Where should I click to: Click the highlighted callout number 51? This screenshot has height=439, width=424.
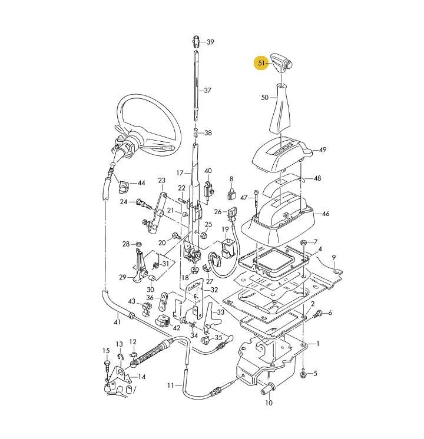[x=261, y=64]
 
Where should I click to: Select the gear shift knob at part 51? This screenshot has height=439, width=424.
[x=281, y=63]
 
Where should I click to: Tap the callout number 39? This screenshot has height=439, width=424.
[x=210, y=42]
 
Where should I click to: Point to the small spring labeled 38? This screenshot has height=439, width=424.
[x=196, y=133]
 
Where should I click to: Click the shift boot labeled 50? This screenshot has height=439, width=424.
[x=279, y=109]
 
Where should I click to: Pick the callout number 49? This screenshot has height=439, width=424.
[x=323, y=150]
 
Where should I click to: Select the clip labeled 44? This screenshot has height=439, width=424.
[x=123, y=187]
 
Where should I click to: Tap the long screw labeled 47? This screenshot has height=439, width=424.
[x=256, y=202]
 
